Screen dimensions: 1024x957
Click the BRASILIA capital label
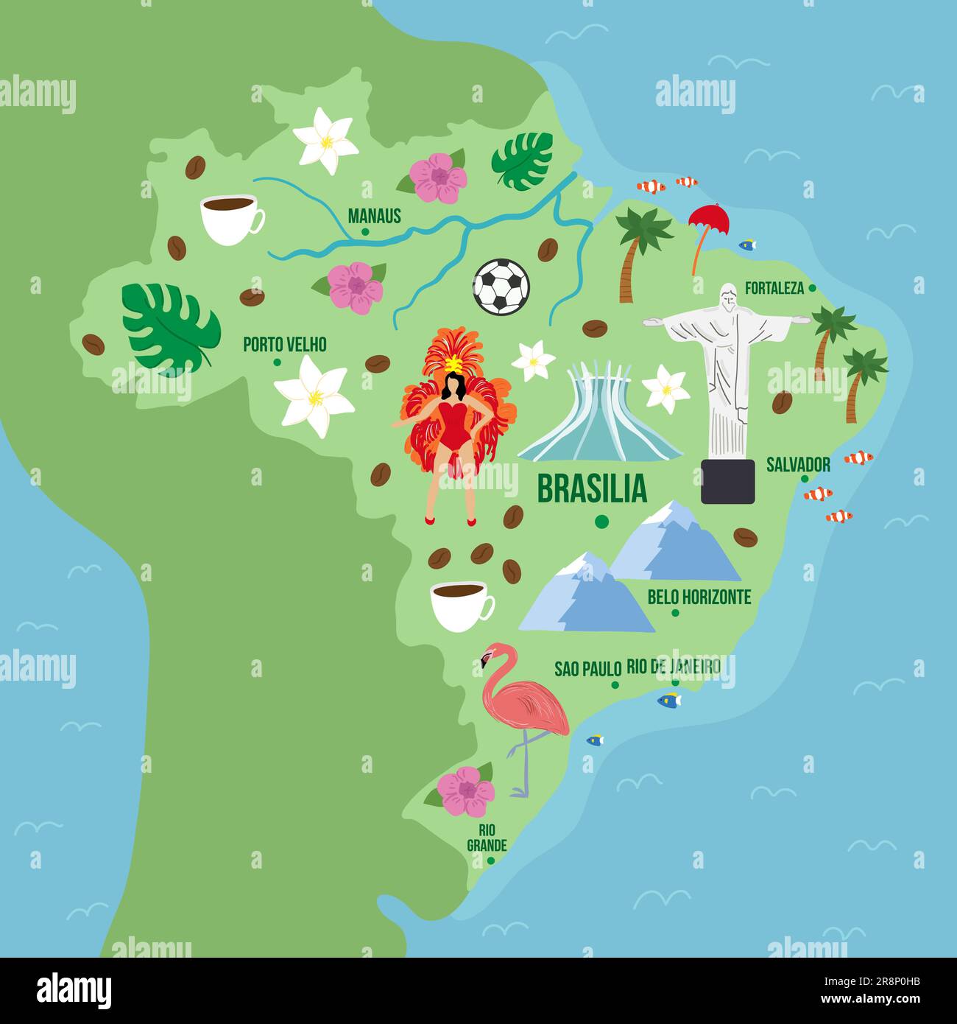tap(592, 488)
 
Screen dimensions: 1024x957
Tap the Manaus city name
tap(374, 216)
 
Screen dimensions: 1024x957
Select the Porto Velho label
tap(284, 344)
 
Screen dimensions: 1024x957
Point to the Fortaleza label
tap(774, 288)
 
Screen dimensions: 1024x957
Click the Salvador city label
tap(798, 465)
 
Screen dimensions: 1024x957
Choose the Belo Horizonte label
tap(699, 597)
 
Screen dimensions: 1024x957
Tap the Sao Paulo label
tap(587, 669)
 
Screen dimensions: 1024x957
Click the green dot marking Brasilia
tap(601, 522)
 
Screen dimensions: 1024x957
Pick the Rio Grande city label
tap(487, 837)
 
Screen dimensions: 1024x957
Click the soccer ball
tap(501, 286)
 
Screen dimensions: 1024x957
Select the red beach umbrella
tap(708, 220)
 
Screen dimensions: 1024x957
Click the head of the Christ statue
tap(728, 297)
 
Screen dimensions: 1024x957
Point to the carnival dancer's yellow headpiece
tap(452, 363)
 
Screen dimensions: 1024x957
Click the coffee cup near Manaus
tap(230, 218)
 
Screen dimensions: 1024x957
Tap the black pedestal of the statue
tap(727, 481)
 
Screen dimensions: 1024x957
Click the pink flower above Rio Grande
tap(465, 791)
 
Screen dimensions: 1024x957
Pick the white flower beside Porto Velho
tap(314, 396)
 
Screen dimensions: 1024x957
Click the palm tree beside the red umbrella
tap(638, 251)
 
